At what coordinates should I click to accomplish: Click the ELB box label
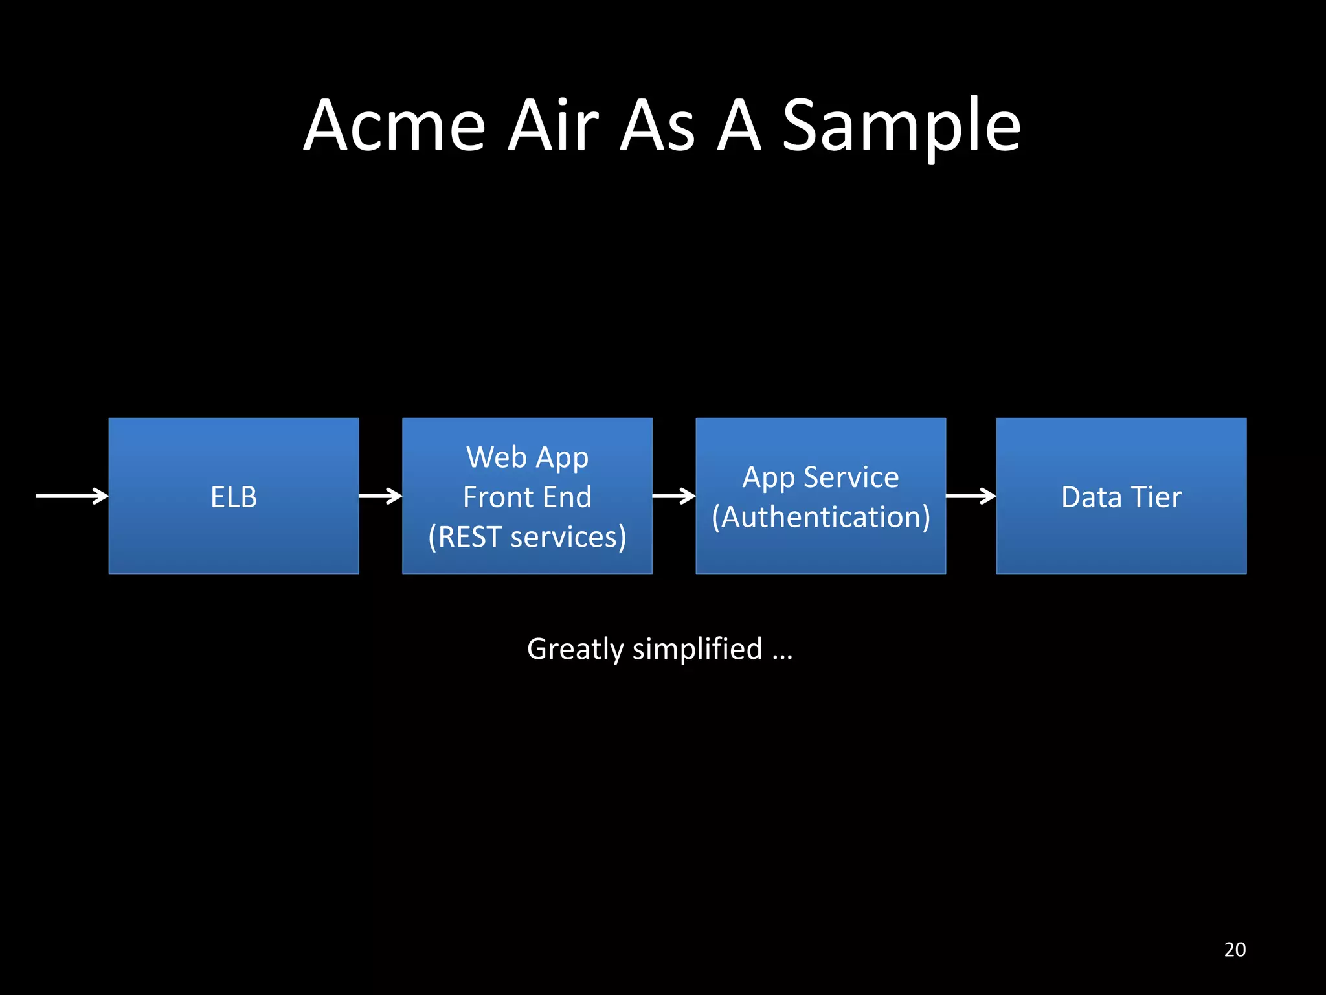click(x=234, y=497)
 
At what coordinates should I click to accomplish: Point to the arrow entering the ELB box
click(x=72, y=496)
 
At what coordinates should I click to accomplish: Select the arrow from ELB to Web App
click(x=380, y=496)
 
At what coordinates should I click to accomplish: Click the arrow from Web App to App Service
click(x=673, y=496)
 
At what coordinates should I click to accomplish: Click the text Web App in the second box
click(x=527, y=458)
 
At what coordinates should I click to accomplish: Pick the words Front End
click(x=527, y=497)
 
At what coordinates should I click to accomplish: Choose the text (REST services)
click(x=527, y=537)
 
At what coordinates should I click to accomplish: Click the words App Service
click(x=820, y=478)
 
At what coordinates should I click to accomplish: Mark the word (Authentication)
click(x=820, y=518)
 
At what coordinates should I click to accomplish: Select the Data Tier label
click(x=1121, y=497)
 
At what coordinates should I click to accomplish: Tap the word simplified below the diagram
click(x=697, y=649)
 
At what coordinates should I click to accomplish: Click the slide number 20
click(x=1235, y=949)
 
